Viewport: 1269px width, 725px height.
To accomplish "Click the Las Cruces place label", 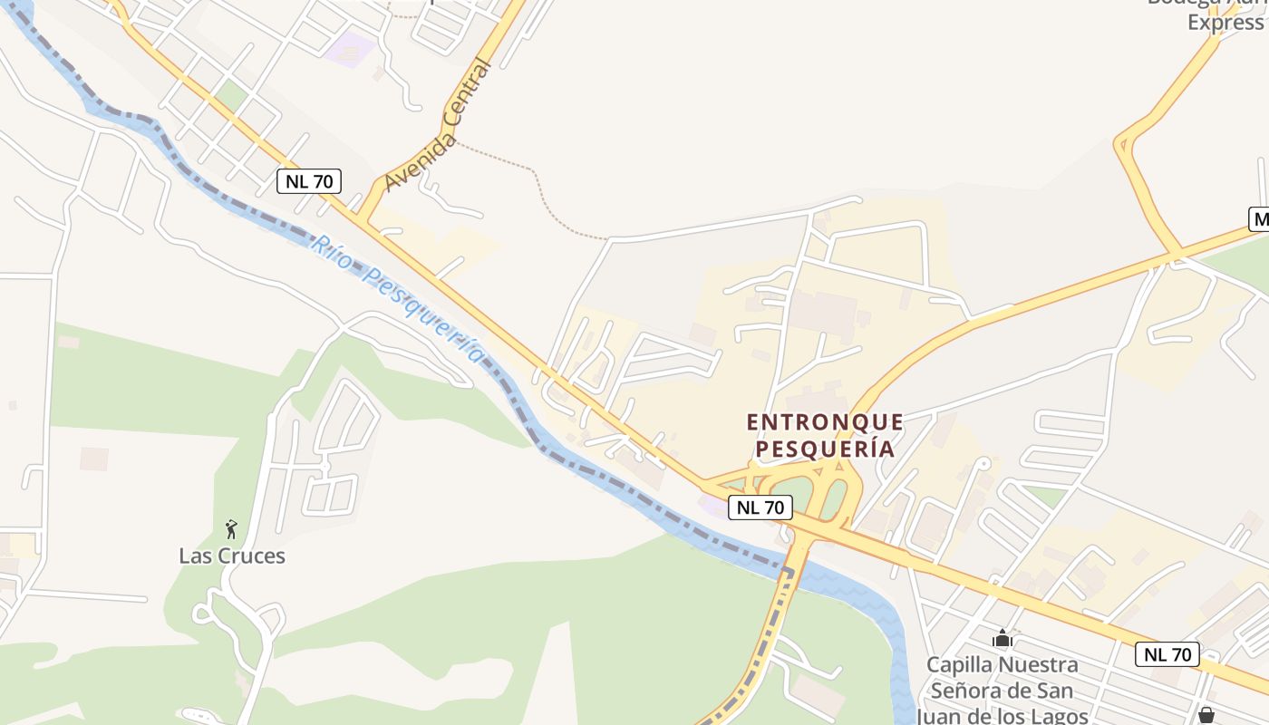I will tap(232, 556).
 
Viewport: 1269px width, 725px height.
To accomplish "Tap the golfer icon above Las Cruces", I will tap(231, 529).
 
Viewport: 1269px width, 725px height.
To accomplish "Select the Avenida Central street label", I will tap(438, 126).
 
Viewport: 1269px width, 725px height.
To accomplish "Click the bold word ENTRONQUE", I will tap(825, 422).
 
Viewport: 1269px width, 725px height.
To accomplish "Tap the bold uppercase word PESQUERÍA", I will tap(825, 449).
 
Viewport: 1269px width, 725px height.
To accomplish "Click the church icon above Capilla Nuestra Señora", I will tap(1002, 639).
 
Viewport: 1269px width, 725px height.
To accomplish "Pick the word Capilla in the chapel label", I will tap(957, 665).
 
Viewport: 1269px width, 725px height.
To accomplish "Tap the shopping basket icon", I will tap(1206, 715).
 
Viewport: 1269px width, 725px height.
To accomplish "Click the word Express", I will tap(1225, 23).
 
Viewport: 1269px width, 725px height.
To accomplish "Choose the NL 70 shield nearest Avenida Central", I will tap(309, 181).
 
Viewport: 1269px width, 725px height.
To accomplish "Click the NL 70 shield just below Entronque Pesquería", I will tap(760, 507).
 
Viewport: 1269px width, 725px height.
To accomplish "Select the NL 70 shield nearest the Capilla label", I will tap(1167, 654).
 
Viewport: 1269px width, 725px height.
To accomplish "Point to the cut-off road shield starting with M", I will tap(1259, 218).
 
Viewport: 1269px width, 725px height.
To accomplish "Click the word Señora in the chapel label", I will tap(965, 691).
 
